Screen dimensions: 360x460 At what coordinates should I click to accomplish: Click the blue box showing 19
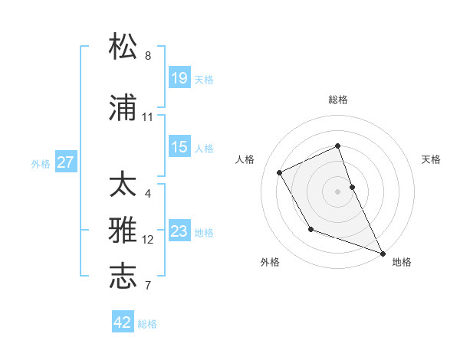point(179,77)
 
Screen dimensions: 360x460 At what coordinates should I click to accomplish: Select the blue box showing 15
point(179,146)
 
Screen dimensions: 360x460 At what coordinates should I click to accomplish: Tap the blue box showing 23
point(179,231)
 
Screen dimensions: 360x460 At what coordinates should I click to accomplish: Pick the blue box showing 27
point(66,162)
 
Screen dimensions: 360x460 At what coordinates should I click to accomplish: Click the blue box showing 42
point(123,322)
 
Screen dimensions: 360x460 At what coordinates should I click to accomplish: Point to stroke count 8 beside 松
point(148,56)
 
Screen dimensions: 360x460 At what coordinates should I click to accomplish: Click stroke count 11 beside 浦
point(148,117)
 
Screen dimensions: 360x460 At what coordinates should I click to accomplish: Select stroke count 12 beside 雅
point(148,240)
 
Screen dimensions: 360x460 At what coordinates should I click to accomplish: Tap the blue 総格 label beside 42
point(147,324)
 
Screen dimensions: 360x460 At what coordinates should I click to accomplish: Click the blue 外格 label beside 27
point(41,163)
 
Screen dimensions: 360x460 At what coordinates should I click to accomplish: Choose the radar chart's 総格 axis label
point(338,100)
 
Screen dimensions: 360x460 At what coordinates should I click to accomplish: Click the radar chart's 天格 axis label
point(431,159)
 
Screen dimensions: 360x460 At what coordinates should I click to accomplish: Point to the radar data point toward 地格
point(383,253)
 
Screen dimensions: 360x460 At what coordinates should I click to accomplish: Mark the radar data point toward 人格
point(280,172)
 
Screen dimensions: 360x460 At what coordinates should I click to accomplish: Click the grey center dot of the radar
point(338,191)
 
